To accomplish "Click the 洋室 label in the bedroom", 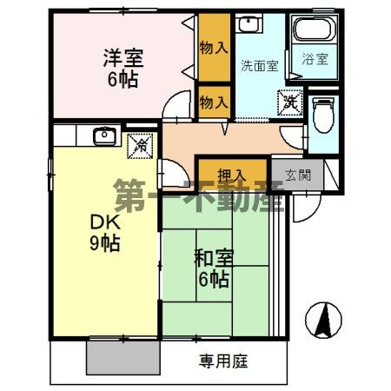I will (123, 59).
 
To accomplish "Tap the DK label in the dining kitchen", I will (104, 221).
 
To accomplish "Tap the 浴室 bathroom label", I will (315, 59).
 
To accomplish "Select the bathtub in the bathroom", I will (314, 30).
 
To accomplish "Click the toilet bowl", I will (323, 116).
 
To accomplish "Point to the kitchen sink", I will (105, 135).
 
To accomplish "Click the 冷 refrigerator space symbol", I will (139, 146).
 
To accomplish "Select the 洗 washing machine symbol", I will (289, 102).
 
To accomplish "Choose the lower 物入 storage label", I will (214, 103).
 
